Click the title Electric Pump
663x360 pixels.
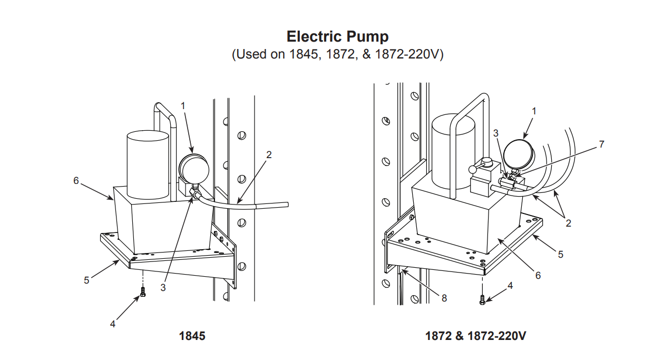point(337,36)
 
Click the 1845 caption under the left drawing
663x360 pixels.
point(192,336)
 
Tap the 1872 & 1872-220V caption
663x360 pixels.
point(475,336)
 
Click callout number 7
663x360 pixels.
point(602,144)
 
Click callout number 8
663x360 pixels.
point(444,298)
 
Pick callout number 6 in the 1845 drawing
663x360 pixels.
point(76,181)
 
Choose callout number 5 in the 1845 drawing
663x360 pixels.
point(86,280)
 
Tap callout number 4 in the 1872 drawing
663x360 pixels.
point(510,285)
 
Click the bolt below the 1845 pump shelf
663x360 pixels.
point(142,293)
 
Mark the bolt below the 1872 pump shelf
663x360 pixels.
point(482,299)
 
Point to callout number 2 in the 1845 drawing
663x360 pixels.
point(269,154)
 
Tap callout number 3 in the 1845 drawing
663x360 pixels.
point(163,287)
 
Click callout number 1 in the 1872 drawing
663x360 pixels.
point(534,111)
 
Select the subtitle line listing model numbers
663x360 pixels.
point(337,54)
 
